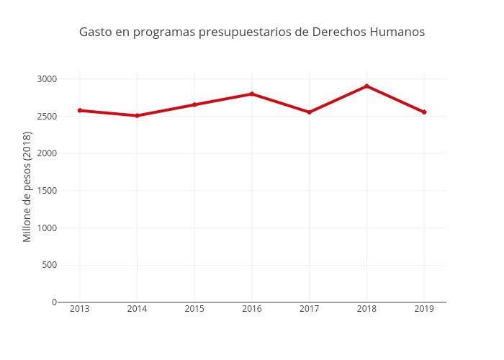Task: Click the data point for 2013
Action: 80,110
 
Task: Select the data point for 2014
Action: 137,115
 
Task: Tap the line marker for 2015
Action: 194,104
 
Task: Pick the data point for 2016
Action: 252,94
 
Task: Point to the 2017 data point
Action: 310,112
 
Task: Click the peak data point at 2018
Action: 367,86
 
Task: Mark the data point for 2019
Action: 424,112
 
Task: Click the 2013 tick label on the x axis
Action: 80,309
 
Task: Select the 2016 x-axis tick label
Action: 252,309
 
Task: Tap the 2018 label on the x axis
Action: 367,309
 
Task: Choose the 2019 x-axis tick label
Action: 424,309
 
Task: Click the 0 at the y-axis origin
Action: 54,302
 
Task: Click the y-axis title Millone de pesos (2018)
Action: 27,186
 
